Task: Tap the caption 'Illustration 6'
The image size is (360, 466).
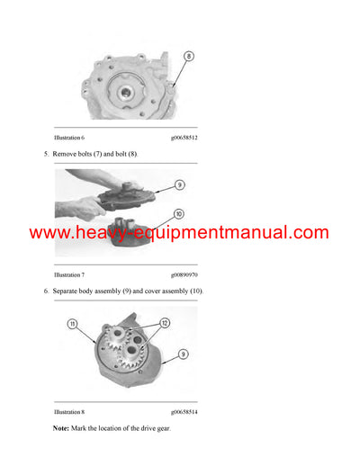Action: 69,139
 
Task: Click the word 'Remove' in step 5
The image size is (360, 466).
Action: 67,155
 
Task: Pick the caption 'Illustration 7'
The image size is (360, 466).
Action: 69,273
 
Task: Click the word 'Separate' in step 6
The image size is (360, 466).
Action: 68,291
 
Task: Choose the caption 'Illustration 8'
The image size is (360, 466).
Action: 69,411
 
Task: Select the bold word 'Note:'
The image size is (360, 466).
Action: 61,428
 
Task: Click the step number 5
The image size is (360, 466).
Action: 45,155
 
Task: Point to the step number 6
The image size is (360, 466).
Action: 45,291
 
